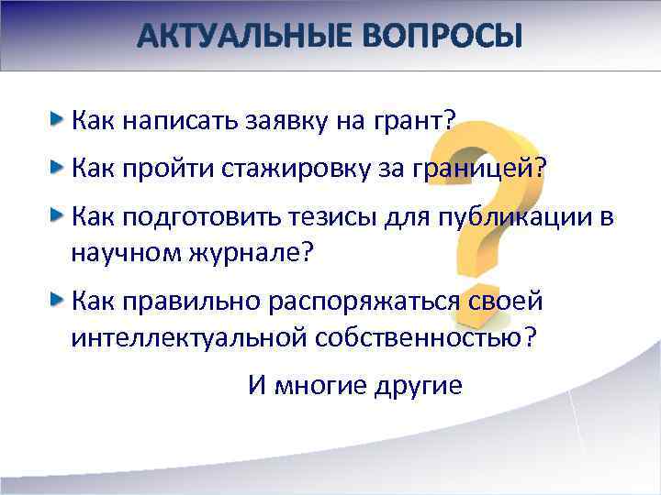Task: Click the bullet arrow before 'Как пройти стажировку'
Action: tap(58, 167)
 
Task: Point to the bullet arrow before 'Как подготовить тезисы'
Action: tap(58, 214)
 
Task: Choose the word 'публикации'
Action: tap(502, 216)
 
